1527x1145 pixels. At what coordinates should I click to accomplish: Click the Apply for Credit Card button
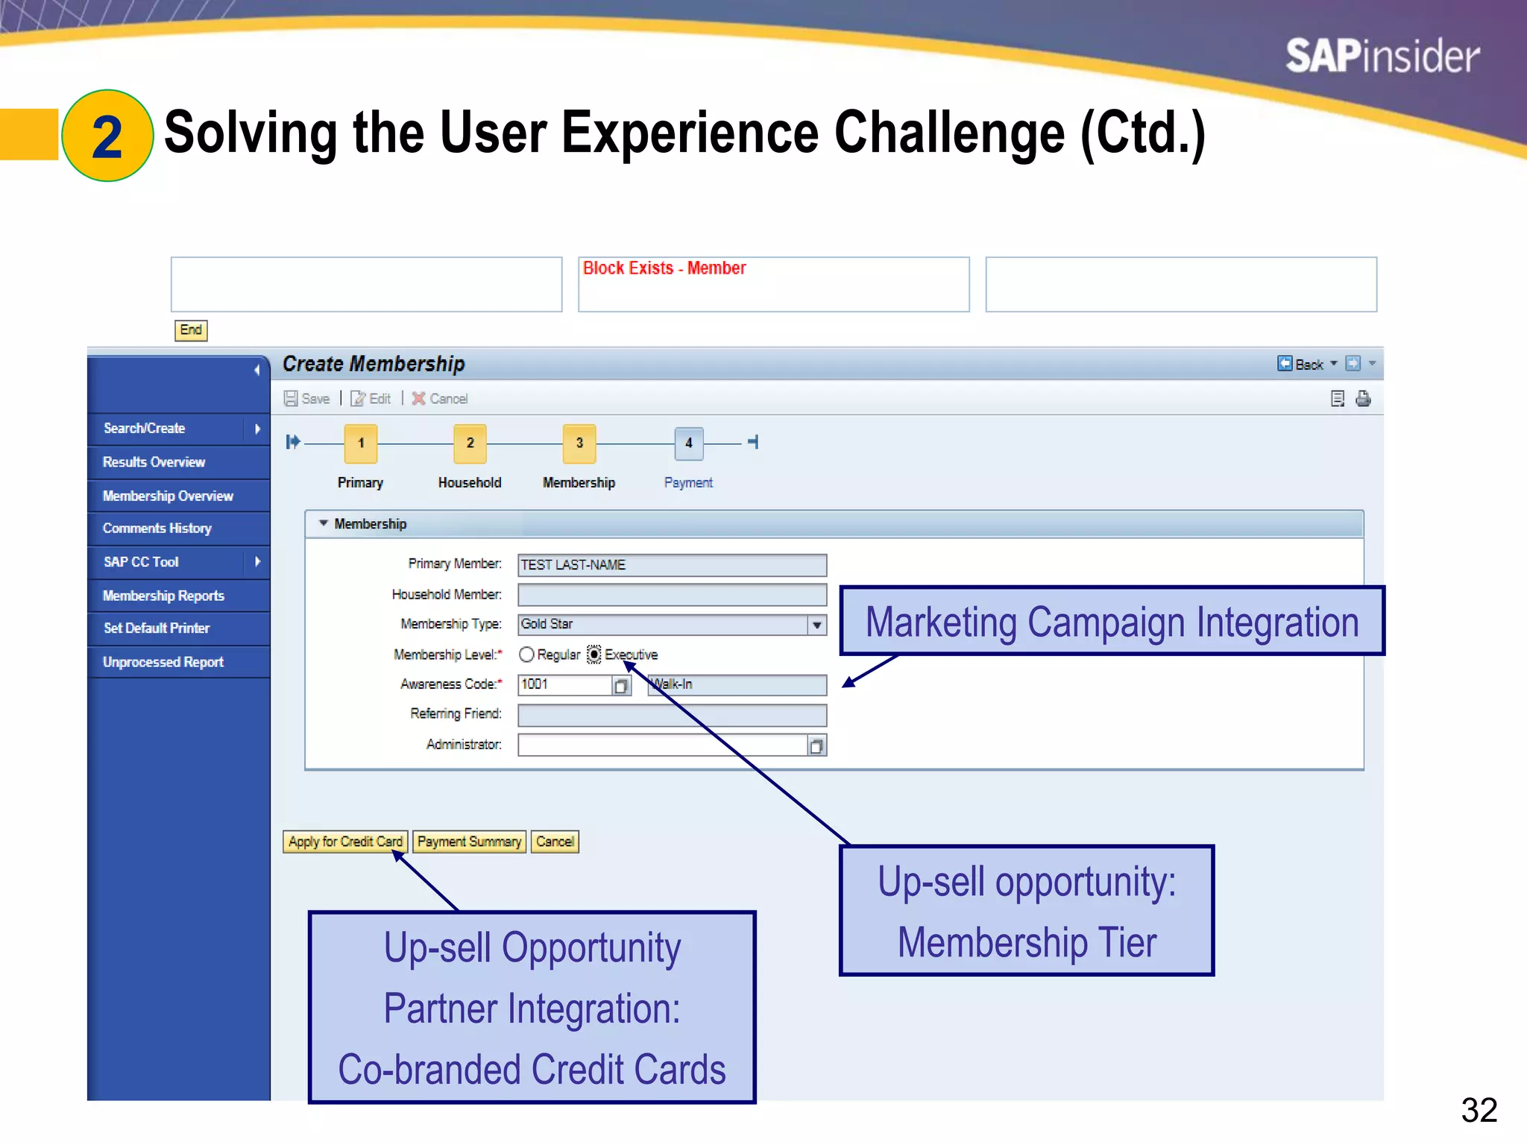(345, 842)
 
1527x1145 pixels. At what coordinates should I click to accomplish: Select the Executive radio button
(594, 654)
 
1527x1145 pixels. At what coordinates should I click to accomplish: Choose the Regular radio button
(526, 654)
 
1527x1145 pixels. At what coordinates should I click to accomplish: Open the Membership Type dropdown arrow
(817, 625)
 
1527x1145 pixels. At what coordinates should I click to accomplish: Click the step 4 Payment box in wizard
(688, 443)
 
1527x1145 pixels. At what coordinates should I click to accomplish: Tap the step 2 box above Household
(470, 443)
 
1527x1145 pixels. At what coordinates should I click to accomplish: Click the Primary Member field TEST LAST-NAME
(671, 565)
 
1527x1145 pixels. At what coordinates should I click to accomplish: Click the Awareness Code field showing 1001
(564, 684)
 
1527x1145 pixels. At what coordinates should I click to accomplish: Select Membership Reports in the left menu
(163, 596)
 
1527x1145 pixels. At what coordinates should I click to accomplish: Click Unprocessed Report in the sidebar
(163, 662)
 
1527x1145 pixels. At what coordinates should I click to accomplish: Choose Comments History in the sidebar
(157, 529)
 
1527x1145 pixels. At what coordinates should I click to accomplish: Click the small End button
(191, 330)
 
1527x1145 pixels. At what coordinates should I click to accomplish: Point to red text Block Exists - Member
(664, 268)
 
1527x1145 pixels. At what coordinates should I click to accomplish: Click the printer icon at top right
(1363, 399)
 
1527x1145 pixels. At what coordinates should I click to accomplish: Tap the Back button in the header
(1302, 364)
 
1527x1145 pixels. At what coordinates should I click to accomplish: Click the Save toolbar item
(307, 399)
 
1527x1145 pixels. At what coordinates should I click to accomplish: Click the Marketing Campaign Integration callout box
(1111, 622)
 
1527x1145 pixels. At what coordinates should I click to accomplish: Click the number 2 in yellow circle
(107, 136)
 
